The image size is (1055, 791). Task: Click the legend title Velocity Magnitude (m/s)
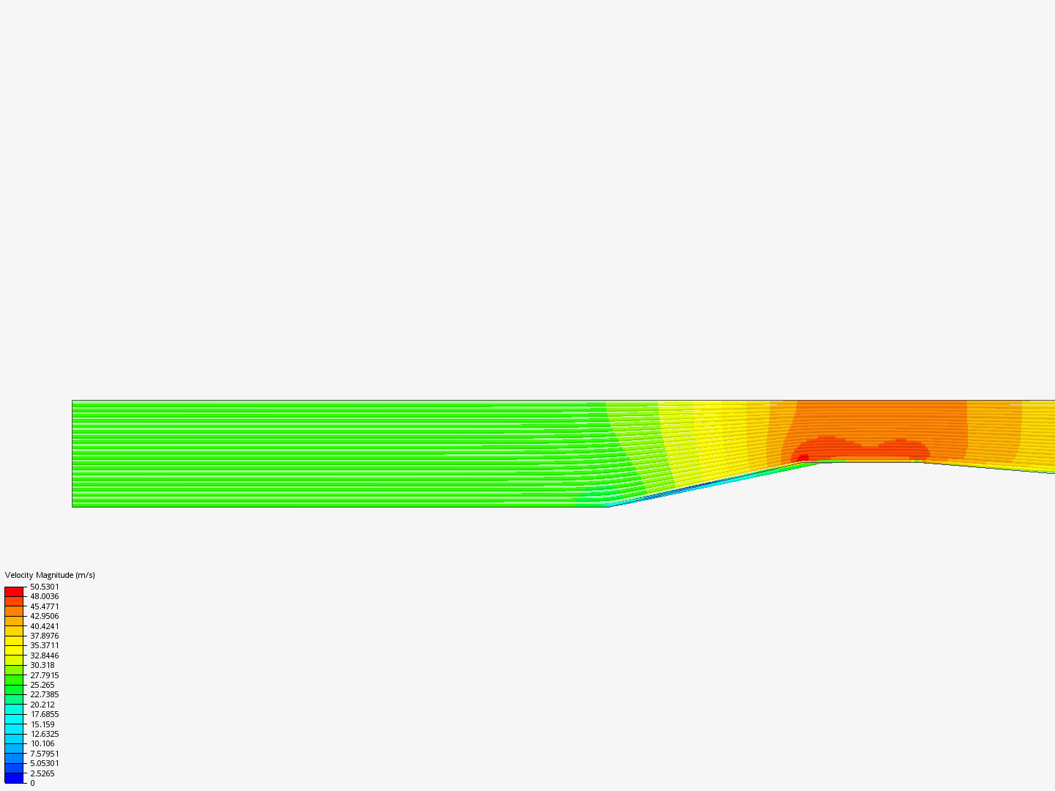click(50, 575)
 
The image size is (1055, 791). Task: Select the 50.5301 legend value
click(44, 587)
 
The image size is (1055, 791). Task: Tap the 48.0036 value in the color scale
click(44, 596)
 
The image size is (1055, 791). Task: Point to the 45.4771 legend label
click(44, 606)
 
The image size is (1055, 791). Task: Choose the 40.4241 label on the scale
click(44, 626)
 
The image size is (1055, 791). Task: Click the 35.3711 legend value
click(44, 645)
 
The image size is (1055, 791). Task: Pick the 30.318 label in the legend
click(42, 665)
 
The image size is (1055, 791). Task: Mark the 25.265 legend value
click(42, 685)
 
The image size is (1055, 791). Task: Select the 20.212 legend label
click(42, 705)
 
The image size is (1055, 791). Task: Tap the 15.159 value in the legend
click(42, 724)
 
